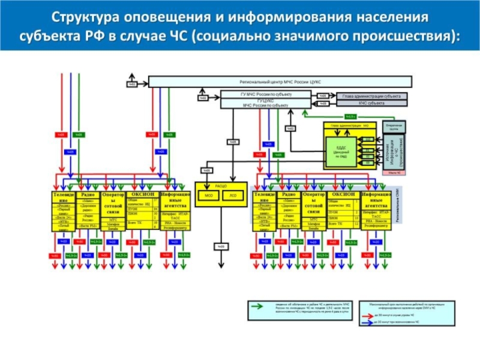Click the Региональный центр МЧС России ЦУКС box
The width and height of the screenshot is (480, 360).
(281, 81)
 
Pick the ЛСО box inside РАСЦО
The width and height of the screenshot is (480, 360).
(233, 196)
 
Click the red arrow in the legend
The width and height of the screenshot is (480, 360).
(362, 315)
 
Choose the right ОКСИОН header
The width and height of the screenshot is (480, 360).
(343, 194)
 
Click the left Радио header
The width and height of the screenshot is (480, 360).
(88, 194)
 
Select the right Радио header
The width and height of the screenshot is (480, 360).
(289, 194)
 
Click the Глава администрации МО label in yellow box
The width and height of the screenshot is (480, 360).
(349, 125)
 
